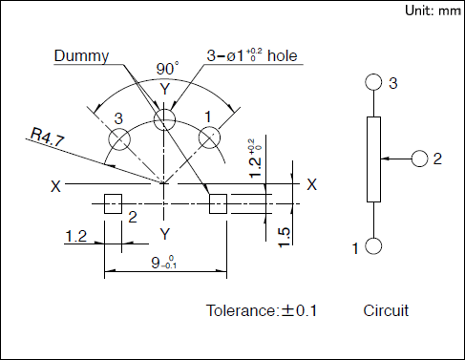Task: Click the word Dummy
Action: pyautogui.click(x=81, y=56)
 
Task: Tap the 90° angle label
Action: pyautogui.click(x=167, y=69)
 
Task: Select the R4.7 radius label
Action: pyautogui.click(x=47, y=138)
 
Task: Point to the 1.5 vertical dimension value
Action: pyautogui.click(x=285, y=237)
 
